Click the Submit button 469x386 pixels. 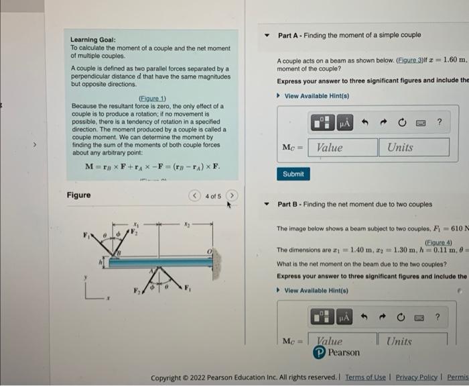click(x=293, y=174)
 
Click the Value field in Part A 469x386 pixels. click(x=342, y=148)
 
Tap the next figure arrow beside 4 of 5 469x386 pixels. click(x=232, y=196)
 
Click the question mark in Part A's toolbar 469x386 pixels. click(x=439, y=123)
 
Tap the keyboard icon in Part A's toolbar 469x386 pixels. click(x=421, y=123)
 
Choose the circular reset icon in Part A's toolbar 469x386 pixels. click(x=403, y=123)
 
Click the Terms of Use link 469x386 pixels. click(x=366, y=378)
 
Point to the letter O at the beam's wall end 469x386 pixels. click(x=209, y=251)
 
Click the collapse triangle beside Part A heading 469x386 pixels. click(x=267, y=35)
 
